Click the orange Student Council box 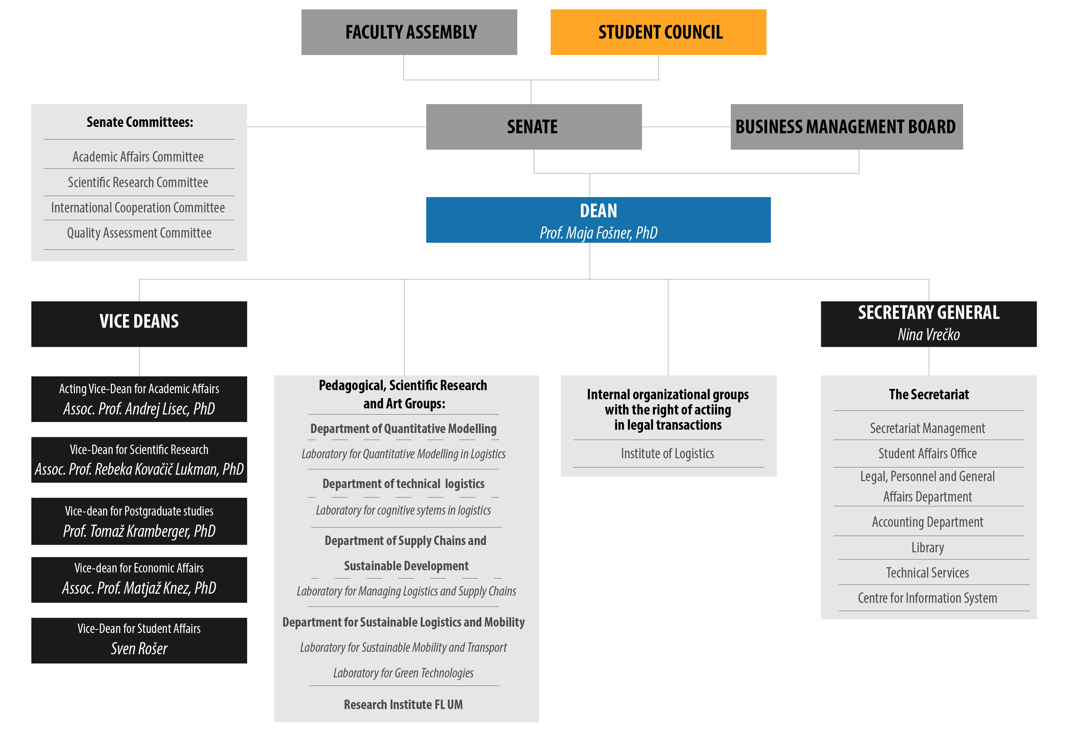(658, 32)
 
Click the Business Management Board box (847, 127)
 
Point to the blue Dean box (598, 220)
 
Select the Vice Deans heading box (139, 324)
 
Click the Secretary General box (929, 324)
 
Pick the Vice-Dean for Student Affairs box (139, 640)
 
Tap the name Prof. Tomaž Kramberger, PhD (139, 531)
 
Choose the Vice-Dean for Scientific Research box (139, 460)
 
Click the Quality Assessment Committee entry (139, 233)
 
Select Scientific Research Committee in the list (138, 182)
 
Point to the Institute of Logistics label (667, 454)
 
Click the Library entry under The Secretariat (928, 548)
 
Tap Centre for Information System (928, 598)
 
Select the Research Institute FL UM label (403, 705)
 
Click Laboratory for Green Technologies (403, 673)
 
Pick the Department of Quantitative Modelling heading (403, 429)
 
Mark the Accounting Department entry (928, 522)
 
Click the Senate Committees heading (139, 122)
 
